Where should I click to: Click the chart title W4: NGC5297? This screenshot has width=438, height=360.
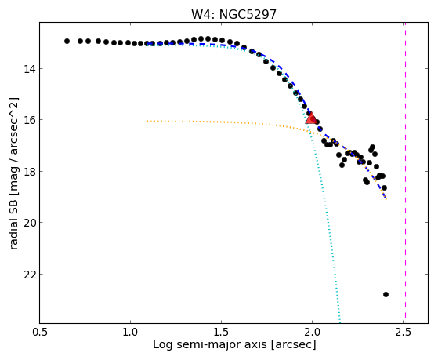tap(233, 15)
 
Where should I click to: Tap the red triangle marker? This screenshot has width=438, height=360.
tap(311, 118)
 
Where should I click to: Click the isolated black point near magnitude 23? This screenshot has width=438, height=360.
tap(386, 294)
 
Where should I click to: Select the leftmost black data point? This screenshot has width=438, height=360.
tap(67, 41)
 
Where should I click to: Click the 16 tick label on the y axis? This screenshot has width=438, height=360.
tap(29, 120)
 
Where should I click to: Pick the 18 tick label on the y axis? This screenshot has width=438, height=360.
tap(29, 172)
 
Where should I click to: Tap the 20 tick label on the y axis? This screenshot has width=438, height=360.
tap(29, 223)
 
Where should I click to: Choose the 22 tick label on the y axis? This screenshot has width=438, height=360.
tap(29, 275)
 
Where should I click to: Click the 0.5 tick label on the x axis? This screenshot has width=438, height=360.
tap(39, 333)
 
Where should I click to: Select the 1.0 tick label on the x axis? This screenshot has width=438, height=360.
tap(130, 333)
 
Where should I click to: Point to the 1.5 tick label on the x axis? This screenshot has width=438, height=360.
tap(221, 333)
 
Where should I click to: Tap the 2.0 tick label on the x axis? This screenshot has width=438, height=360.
tap(313, 333)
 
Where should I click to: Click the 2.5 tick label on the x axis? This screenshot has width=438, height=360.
tap(403, 333)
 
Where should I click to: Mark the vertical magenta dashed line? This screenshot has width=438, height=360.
tap(405, 173)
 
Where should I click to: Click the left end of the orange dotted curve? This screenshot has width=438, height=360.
tap(148, 122)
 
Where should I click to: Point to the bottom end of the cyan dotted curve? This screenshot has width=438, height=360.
tap(340, 322)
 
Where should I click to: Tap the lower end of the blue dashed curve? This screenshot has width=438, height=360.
tap(386, 198)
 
